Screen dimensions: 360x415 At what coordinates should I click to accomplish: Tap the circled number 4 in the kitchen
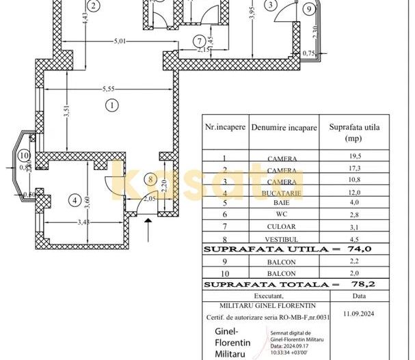[75, 200]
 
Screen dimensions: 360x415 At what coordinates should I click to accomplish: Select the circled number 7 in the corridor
[198, 40]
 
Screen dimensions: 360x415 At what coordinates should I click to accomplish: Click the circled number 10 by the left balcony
[24, 154]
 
